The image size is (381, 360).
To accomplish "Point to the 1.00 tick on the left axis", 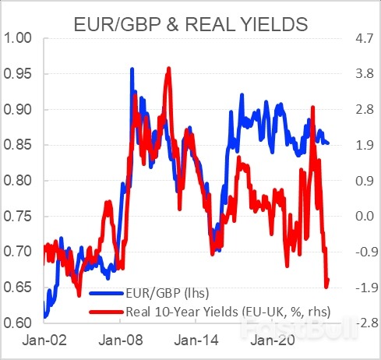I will tap(20, 38).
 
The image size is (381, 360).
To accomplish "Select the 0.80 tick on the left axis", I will tap(20, 181).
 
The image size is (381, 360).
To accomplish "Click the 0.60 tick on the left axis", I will tap(20, 323).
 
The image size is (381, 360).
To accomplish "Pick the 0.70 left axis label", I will tap(20, 252).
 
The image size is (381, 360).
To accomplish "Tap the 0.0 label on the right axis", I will tap(362, 216).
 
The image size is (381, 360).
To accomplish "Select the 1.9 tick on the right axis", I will tap(362, 145).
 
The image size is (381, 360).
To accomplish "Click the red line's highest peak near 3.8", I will tap(168, 69).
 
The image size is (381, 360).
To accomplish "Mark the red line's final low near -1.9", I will tap(326, 286).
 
